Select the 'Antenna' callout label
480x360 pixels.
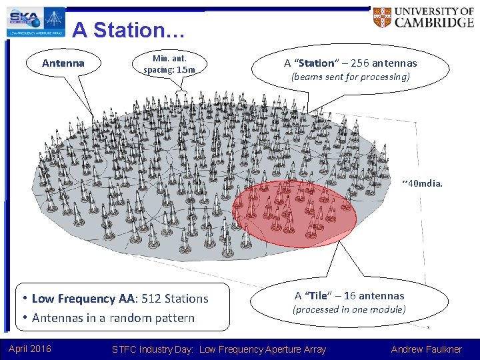63,63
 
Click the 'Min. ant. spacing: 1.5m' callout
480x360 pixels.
174,64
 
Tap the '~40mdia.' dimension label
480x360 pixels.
421,183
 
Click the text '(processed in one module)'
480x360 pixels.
349,309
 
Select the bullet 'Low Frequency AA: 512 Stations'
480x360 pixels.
120,299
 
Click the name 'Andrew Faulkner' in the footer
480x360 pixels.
426,349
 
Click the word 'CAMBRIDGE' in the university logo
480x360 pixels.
433,22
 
